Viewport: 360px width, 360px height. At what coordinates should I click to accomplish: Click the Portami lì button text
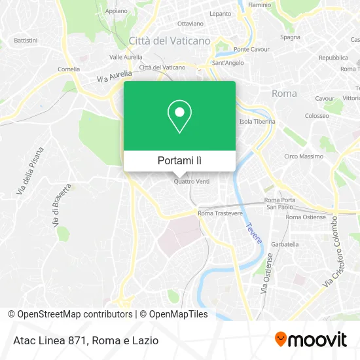[x=179, y=160]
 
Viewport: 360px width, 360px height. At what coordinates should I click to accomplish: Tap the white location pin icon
[x=179, y=117]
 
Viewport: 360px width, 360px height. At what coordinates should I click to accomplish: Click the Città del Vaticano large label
[x=170, y=41]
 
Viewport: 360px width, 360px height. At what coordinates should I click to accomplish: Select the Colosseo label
[x=316, y=116]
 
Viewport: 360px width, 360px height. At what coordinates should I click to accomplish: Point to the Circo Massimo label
[x=303, y=156]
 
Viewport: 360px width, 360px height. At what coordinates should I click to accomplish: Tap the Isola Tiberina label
[x=255, y=122]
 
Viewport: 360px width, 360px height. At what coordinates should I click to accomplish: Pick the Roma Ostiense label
[x=305, y=217]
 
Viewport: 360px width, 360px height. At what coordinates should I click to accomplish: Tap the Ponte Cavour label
[x=251, y=49]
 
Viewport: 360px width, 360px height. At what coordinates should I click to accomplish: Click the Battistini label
[x=26, y=40]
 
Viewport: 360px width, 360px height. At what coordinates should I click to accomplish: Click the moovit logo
[x=310, y=339]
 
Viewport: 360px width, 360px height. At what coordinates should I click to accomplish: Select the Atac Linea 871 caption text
[x=50, y=340]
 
